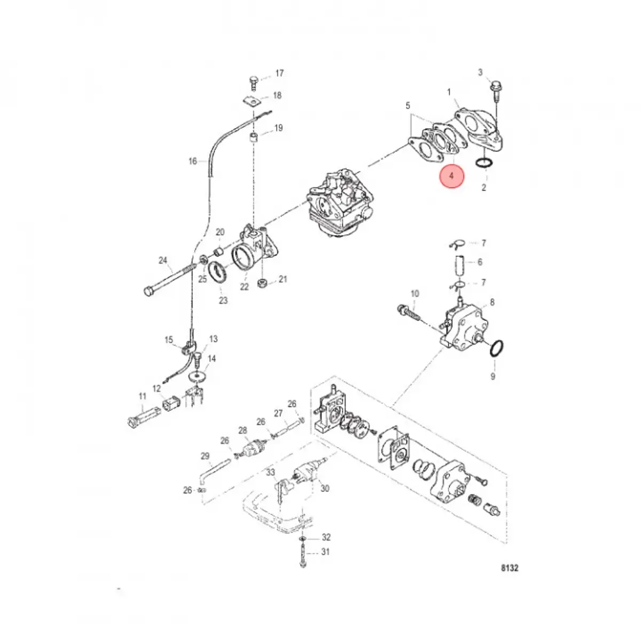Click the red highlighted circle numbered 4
click(x=452, y=176)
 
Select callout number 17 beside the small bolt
click(x=279, y=73)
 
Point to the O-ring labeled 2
click(x=483, y=163)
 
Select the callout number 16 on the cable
click(x=193, y=161)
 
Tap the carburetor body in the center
click(x=337, y=203)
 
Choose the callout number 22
click(x=244, y=287)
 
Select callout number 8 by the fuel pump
click(x=492, y=302)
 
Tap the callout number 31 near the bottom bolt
click(x=326, y=552)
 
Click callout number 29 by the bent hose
click(x=205, y=456)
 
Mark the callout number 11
click(x=142, y=396)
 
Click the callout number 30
click(x=325, y=488)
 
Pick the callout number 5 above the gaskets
click(x=408, y=106)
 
